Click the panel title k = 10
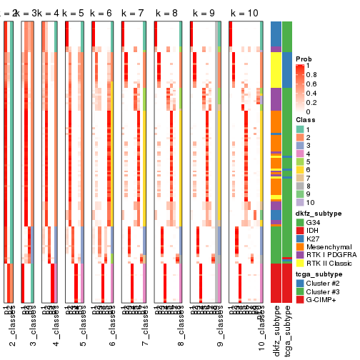pyautogui.click(x=244, y=14)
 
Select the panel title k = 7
pyautogui.click(x=134, y=14)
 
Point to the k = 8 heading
pyautogui.click(x=167, y=14)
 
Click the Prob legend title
pyautogui.click(x=305, y=58)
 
